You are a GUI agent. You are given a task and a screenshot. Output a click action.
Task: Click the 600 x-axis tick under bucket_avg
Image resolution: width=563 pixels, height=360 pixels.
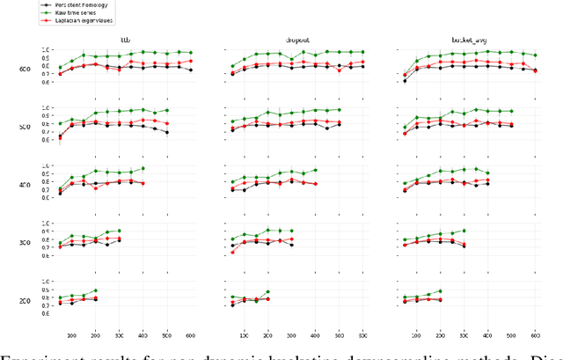coord(535,336)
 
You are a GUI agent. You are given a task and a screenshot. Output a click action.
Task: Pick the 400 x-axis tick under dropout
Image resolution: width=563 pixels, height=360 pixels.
coord(315,336)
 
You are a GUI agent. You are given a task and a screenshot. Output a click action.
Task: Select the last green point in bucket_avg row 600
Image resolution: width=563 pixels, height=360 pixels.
coord(536,55)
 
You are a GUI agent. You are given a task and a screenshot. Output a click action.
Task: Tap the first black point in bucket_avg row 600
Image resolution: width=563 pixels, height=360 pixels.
coord(405,80)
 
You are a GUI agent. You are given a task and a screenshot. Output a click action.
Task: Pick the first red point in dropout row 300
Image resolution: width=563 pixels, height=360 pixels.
coord(232,253)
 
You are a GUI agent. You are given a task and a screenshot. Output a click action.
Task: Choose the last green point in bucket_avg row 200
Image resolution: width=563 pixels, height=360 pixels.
coord(440,291)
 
